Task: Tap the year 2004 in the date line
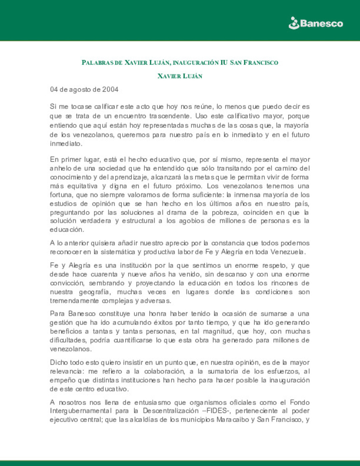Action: [110, 89]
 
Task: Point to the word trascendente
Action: [169, 116]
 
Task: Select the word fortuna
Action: [61, 195]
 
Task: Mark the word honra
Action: [158, 314]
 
